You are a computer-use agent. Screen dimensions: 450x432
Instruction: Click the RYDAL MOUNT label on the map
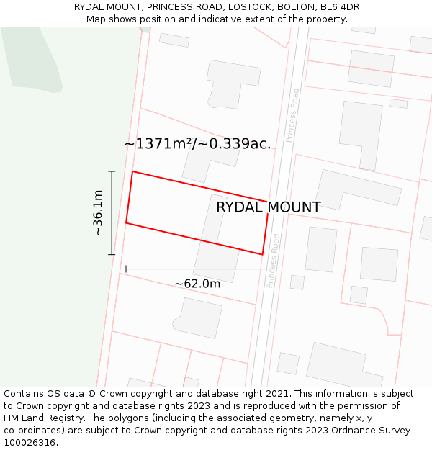[x=268, y=207]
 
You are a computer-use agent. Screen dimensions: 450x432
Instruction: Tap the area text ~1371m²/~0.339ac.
[x=197, y=143]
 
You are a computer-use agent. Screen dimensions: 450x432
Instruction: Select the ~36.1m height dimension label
[x=98, y=212]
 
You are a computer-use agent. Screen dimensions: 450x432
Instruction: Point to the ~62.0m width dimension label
[x=197, y=284]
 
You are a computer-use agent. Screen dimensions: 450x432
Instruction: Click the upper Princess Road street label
[x=292, y=115]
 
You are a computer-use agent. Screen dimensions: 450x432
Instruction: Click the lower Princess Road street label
[x=272, y=261]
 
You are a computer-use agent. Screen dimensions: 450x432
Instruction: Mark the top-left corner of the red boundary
[x=132, y=171]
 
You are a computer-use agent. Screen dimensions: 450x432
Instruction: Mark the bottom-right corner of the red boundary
[x=262, y=254]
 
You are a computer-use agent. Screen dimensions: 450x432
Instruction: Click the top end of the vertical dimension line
[x=112, y=171]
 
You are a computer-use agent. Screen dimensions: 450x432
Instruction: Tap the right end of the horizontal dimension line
[x=269, y=269]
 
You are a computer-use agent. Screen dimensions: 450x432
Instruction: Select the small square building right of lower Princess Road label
[x=297, y=282]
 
